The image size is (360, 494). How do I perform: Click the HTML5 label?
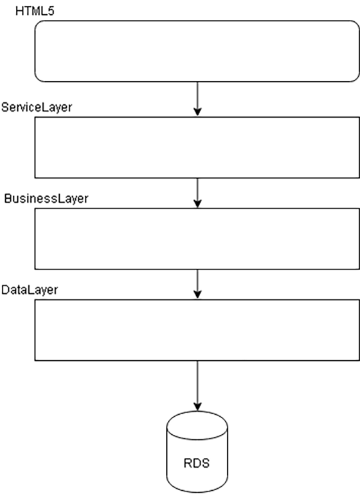point(35,11)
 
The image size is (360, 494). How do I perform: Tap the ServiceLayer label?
point(37,107)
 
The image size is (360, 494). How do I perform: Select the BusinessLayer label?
point(46,199)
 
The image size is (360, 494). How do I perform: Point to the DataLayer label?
point(30,290)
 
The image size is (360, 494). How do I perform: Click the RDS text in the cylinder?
point(197,463)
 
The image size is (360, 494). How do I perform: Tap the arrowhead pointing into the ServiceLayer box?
point(197,111)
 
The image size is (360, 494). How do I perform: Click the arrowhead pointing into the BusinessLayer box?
point(197,203)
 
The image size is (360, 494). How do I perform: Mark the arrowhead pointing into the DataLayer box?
point(197,294)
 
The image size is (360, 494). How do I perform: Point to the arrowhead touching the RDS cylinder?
point(197,407)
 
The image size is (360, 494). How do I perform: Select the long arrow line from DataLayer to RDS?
point(197,386)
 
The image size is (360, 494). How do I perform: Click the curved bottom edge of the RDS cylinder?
point(197,492)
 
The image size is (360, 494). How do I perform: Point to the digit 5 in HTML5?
point(51,11)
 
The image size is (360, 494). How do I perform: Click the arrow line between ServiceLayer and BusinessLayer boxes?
point(197,193)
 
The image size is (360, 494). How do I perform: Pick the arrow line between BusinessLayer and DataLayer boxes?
point(197,284)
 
